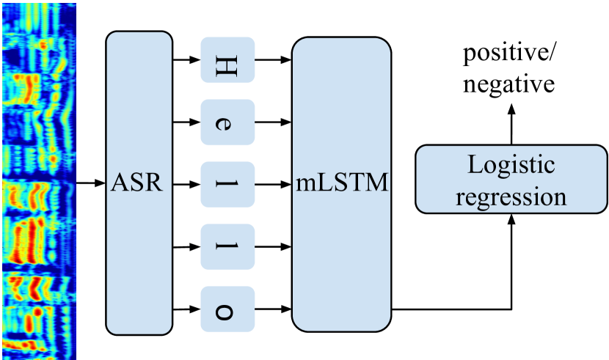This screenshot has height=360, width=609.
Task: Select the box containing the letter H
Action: (x=227, y=60)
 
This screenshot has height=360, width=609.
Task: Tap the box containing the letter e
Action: (x=227, y=122)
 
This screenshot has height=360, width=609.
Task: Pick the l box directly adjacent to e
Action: (x=227, y=183)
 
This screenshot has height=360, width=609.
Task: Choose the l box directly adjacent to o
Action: (x=227, y=246)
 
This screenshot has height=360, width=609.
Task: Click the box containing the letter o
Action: (x=227, y=308)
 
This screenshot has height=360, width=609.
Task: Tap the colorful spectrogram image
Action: (x=38, y=180)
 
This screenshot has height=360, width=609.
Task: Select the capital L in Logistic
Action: (x=474, y=166)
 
